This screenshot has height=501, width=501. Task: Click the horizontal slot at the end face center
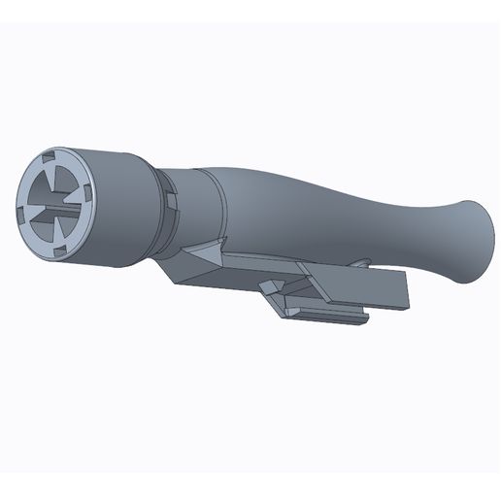pos(58,207)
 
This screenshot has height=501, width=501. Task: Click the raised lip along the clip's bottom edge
pos(330,313)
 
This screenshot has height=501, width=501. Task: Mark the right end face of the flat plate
pos(407,292)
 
